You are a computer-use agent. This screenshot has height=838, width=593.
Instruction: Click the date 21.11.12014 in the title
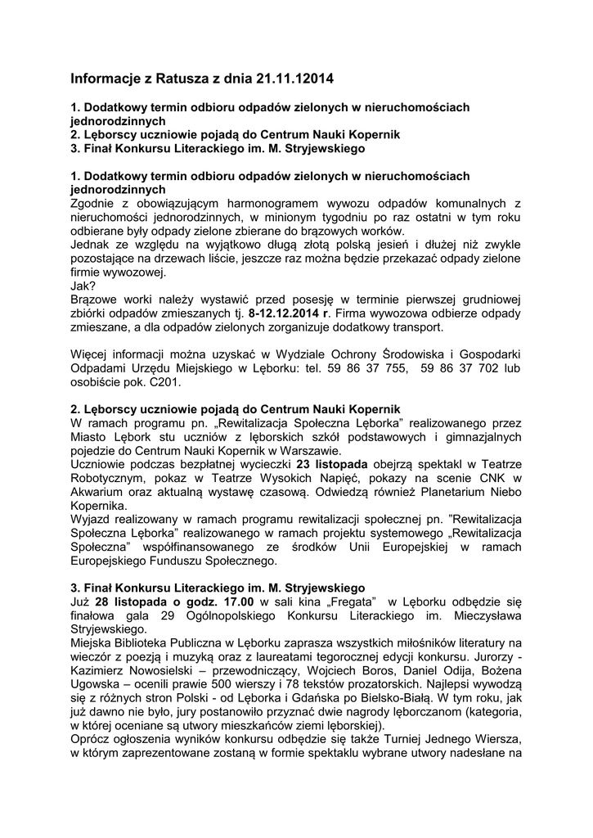288,79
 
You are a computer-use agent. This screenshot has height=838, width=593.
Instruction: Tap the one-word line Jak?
82,286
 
